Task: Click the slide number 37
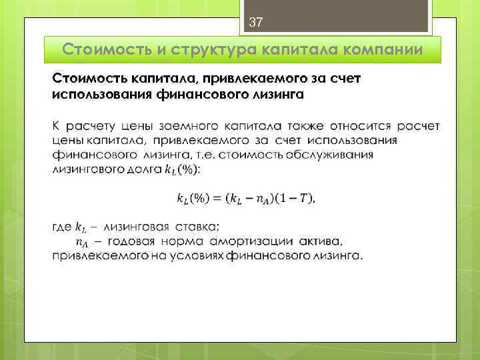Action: pyautogui.click(x=255, y=23)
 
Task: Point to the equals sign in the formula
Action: pyautogui.click(x=217, y=198)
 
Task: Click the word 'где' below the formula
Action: pyautogui.click(x=62, y=227)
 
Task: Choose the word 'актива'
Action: pyautogui.click(x=320, y=241)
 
